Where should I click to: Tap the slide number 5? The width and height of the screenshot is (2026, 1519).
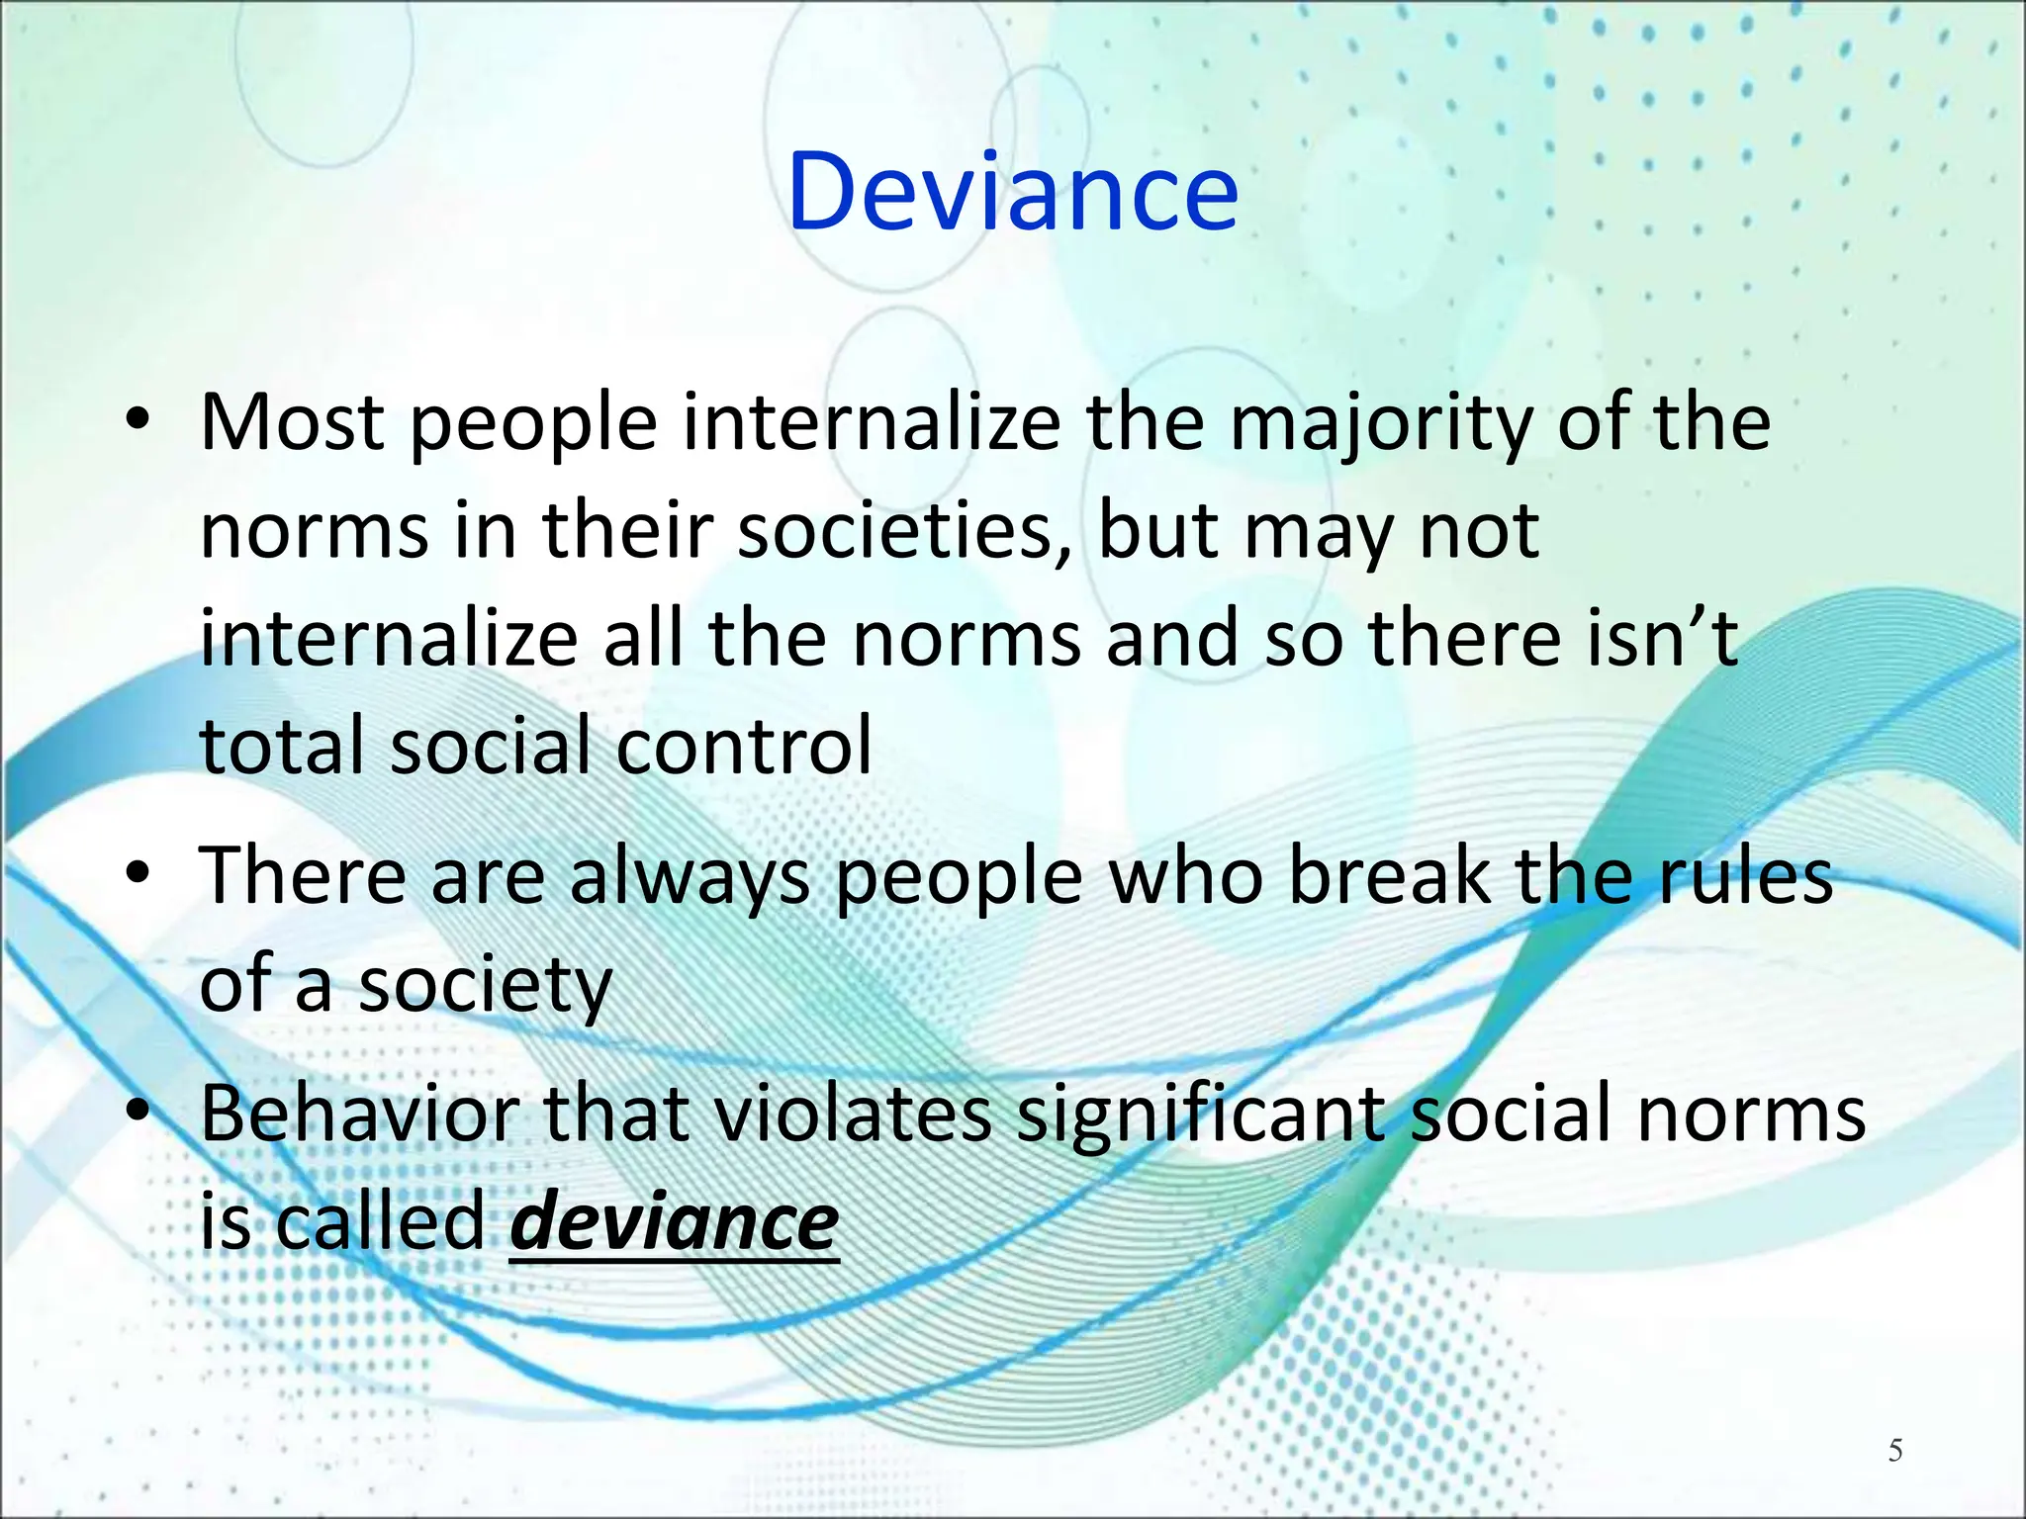coord(1894,1451)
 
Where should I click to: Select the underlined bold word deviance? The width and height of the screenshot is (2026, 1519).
coord(674,1222)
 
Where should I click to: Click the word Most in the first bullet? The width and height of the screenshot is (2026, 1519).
coord(292,422)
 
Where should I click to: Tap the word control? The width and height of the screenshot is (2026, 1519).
coord(744,745)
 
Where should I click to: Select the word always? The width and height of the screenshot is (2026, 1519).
coord(691,878)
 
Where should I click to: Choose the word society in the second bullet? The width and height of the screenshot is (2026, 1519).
coord(485,986)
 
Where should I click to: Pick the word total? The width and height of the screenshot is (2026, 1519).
coord(283,745)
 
